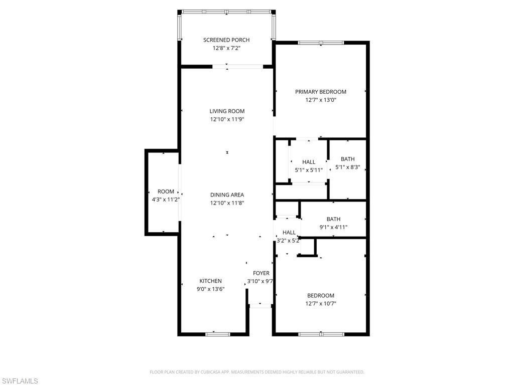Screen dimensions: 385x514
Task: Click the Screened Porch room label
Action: pos(226,40)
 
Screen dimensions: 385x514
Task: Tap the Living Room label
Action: pos(227,111)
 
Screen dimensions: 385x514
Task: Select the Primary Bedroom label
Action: pos(320,92)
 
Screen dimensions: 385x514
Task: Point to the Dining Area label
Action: pos(227,195)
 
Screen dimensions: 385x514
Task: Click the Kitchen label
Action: pos(210,281)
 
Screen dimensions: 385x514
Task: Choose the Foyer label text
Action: pos(261,273)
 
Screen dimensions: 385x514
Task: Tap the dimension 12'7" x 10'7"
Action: pos(320,304)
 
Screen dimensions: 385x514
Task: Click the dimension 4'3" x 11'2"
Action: pos(166,200)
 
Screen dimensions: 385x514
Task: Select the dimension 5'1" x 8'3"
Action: pos(347,167)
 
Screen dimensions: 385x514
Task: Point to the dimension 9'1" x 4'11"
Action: pos(333,227)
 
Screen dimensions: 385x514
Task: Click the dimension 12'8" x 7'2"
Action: pos(226,49)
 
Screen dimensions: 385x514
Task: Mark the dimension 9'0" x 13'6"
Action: pos(210,289)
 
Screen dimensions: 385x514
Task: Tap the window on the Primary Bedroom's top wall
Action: pos(321,43)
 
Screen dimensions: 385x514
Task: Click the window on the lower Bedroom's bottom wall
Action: pos(321,334)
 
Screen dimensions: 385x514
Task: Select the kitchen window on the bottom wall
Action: pos(214,334)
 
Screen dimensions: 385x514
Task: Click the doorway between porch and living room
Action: pos(238,66)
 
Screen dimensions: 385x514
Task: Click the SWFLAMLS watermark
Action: pos(20,381)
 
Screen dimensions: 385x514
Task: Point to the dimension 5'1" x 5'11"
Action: pos(309,170)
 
